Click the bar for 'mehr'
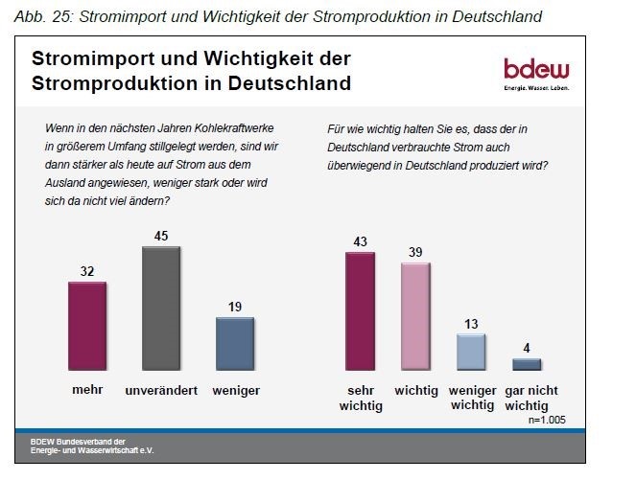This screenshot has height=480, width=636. tap(87, 326)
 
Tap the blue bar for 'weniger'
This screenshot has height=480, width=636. tap(235, 343)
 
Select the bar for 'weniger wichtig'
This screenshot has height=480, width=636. tap(470, 352)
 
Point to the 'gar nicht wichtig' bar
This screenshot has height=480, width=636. tap(527, 364)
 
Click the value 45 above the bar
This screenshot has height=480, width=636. tap(161, 234)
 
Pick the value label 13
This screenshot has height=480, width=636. tap(470, 323)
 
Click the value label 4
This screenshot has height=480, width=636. tap(527, 348)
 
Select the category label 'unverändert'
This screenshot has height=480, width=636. tap(161, 391)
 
